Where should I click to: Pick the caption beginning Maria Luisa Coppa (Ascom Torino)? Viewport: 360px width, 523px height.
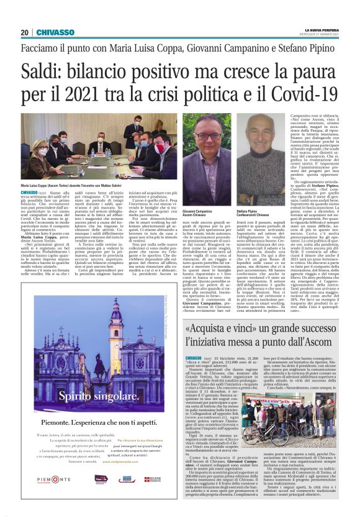(x=74, y=186)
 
